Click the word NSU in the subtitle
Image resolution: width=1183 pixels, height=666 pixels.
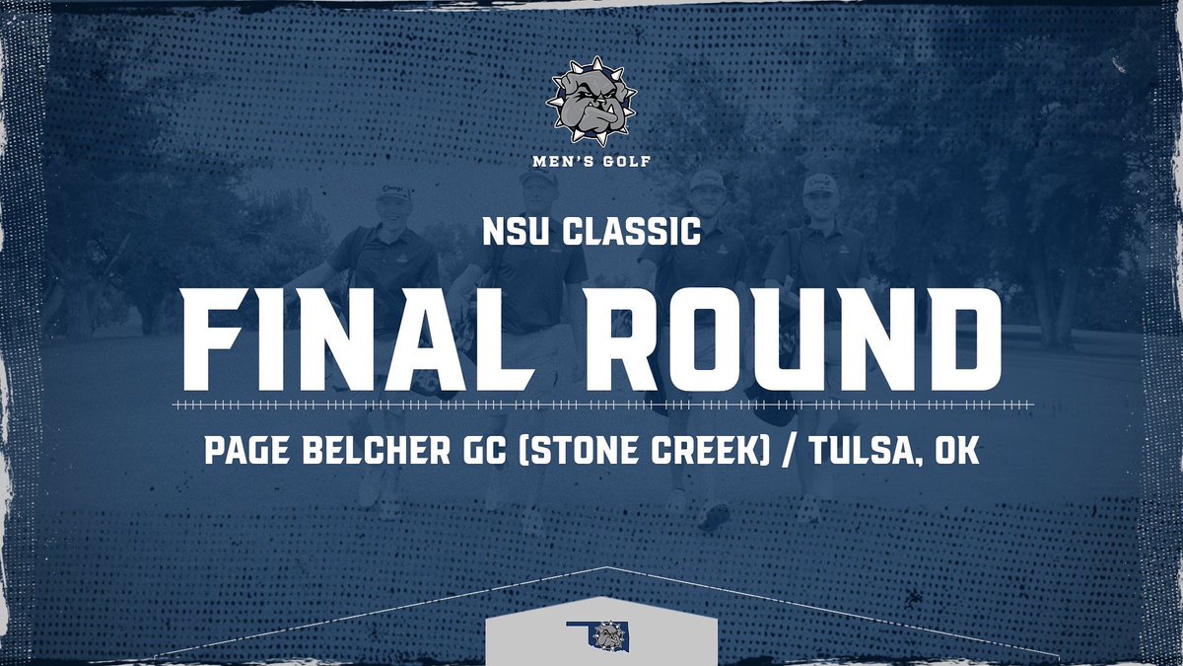click(512, 234)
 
